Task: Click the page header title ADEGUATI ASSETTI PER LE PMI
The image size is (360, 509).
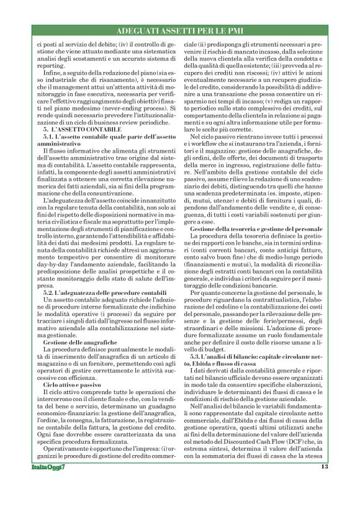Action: [x=179, y=30]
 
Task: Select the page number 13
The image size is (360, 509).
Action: [x=324, y=484]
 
